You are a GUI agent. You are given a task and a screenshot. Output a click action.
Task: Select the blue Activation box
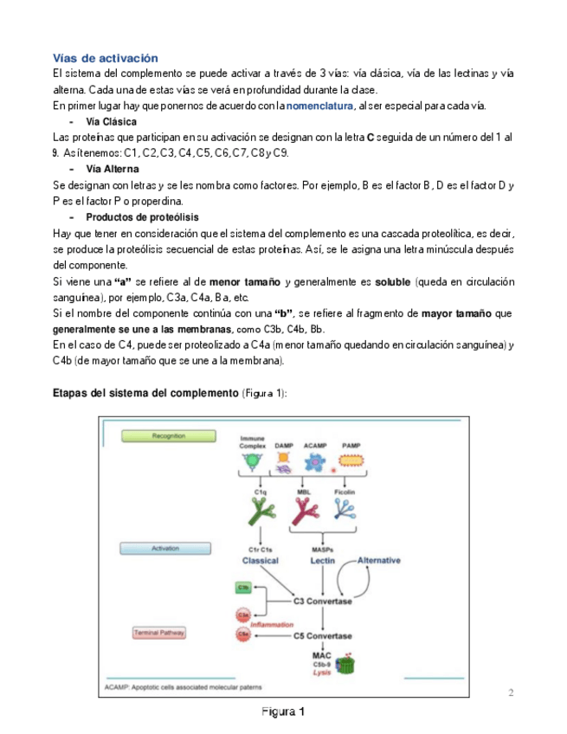165,549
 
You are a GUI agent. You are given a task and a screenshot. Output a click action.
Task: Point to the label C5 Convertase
322,635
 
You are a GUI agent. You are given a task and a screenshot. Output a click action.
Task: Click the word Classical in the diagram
259,561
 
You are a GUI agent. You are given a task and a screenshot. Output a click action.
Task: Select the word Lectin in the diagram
322,561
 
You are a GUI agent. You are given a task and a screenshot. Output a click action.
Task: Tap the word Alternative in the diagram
378,560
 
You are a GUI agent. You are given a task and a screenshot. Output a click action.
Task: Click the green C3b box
243,588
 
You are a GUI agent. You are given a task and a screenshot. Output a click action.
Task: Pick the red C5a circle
243,635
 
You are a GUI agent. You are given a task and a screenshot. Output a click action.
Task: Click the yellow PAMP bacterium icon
351,462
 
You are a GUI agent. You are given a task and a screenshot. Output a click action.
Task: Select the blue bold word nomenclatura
320,106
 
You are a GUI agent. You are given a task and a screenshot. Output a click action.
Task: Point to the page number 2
511,692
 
